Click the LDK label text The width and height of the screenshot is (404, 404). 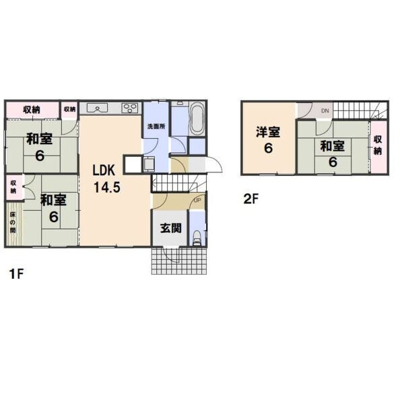tap(104, 170)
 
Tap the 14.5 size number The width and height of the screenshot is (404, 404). tap(107, 187)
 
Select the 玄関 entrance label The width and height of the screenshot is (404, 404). tap(171, 228)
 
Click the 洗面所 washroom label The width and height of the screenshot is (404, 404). tap(156, 127)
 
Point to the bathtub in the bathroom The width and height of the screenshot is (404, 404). tap(198, 119)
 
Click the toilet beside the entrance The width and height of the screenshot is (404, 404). tap(197, 238)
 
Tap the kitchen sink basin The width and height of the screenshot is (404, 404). tap(97, 108)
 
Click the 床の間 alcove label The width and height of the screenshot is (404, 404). tap(13, 222)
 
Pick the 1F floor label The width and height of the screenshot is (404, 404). tap(16, 273)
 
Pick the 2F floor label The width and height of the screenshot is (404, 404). tap(250, 199)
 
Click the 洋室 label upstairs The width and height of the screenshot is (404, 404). tap(268, 132)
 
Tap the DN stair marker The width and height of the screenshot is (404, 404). tap(325, 111)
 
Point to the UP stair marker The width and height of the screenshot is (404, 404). tap(197, 200)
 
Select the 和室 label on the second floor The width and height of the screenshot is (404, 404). tap(333, 146)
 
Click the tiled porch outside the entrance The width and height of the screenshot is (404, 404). tap(179, 261)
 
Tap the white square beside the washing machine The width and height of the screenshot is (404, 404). tap(133, 164)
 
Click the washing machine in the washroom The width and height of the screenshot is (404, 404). tap(149, 164)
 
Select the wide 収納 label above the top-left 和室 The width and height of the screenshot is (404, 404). tap(32, 110)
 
